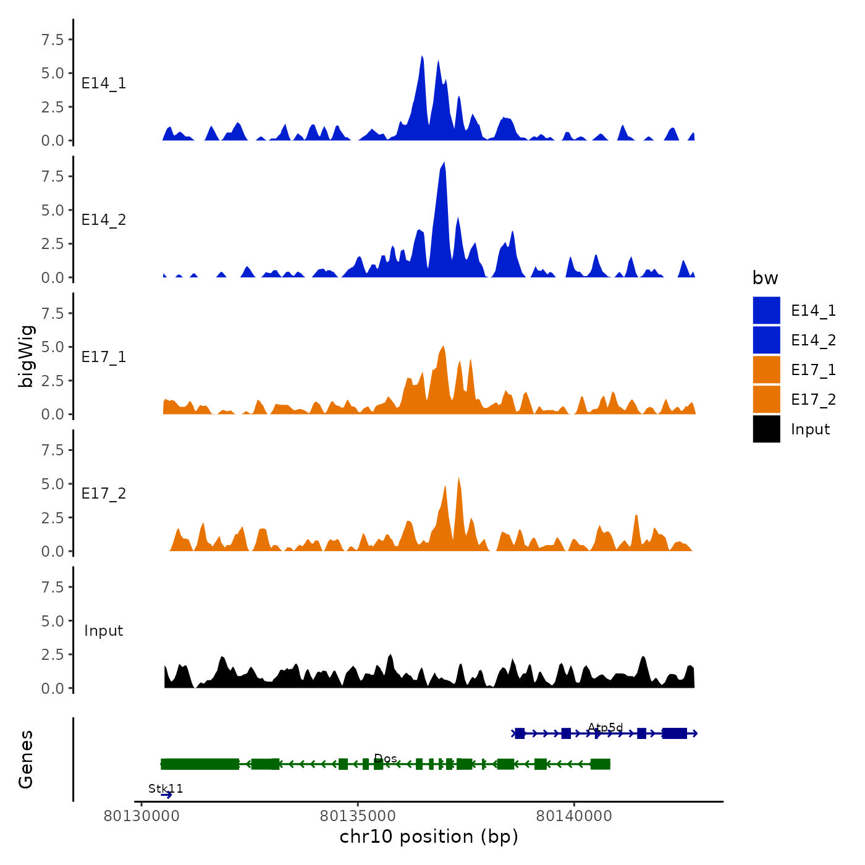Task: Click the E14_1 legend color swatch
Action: pyautogui.click(x=766, y=310)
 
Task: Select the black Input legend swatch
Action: pyautogui.click(x=766, y=429)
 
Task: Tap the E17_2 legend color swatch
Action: pyautogui.click(x=766, y=399)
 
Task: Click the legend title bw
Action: pyautogui.click(x=765, y=278)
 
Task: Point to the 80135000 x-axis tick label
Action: pyautogui.click(x=358, y=816)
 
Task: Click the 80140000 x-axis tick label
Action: pyautogui.click(x=574, y=816)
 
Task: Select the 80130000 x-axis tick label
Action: pyautogui.click(x=141, y=816)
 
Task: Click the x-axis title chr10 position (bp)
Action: pyautogui.click(x=429, y=837)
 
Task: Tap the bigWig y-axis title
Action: pyautogui.click(x=26, y=356)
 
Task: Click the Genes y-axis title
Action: pyautogui.click(x=26, y=759)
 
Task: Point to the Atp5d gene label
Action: pyautogui.click(x=605, y=727)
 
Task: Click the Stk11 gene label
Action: pyautogui.click(x=166, y=788)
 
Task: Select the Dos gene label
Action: pyautogui.click(x=386, y=758)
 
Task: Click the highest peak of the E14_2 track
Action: pyautogui.click(x=444, y=163)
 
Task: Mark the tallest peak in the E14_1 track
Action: pyautogui.click(x=422, y=56)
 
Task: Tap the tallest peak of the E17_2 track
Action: pyautogui.click(x=458, y=478)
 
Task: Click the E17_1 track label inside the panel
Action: pyautogui.click(x=104, y=357)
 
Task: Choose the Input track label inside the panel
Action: pyautogui.click(x=104, y=630)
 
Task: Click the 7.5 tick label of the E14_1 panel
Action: pyautogui.click(x=53, y=40)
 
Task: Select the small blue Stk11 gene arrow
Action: pyautogui.click(x=166, y=795)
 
